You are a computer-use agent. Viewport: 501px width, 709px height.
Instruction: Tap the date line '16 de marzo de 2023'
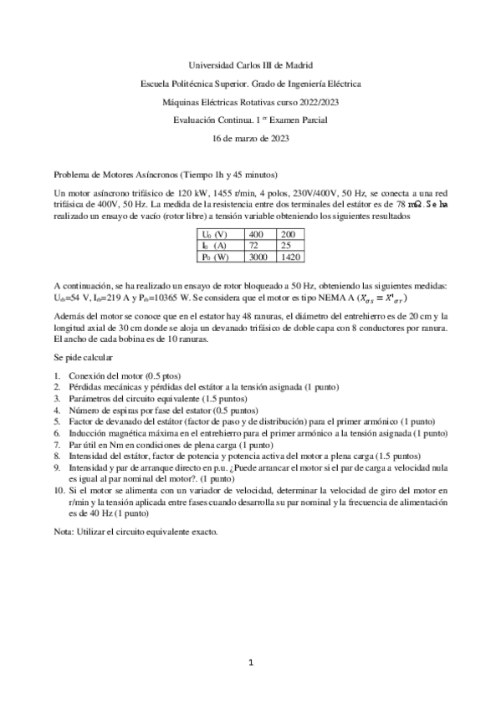[x=250, y=138]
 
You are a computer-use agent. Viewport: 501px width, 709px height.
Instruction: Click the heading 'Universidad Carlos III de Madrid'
[x=250, y=64]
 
